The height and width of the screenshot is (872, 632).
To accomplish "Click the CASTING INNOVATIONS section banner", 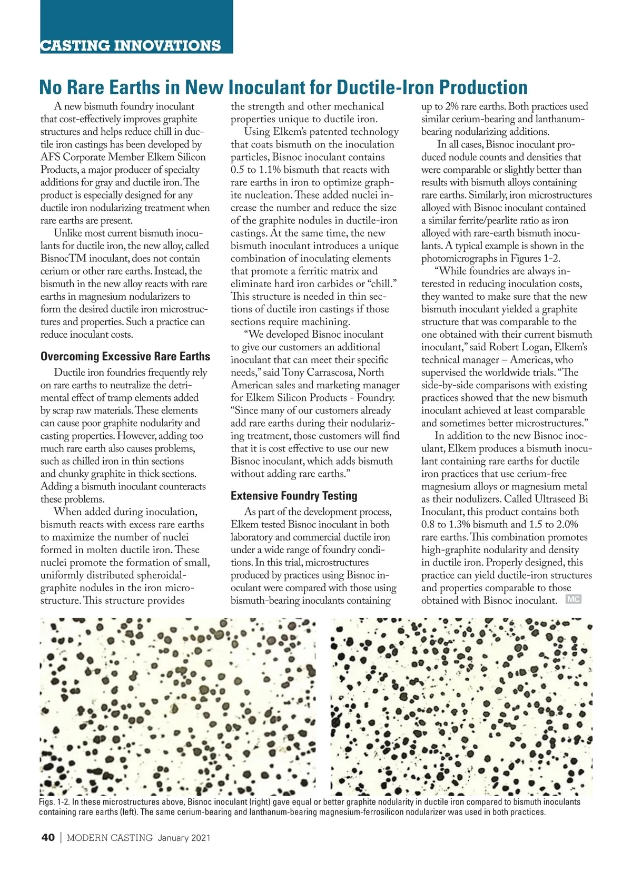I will [131, 45].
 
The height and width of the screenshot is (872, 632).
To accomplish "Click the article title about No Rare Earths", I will [283, 87].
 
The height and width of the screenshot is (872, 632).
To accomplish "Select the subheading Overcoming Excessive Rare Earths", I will [125, 357].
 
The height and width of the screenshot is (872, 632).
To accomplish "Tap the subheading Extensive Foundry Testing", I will [294, 496].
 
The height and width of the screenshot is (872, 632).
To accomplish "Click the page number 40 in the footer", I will [47, 838].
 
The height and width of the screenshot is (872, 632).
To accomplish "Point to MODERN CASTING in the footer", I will [110, 838].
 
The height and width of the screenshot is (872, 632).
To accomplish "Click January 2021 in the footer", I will [184, 838].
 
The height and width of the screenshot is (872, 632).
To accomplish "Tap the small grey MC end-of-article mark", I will [573, 599].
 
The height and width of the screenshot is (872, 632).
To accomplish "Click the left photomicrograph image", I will [178, 706].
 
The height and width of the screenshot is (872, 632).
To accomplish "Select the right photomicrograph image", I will [461, 706].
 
